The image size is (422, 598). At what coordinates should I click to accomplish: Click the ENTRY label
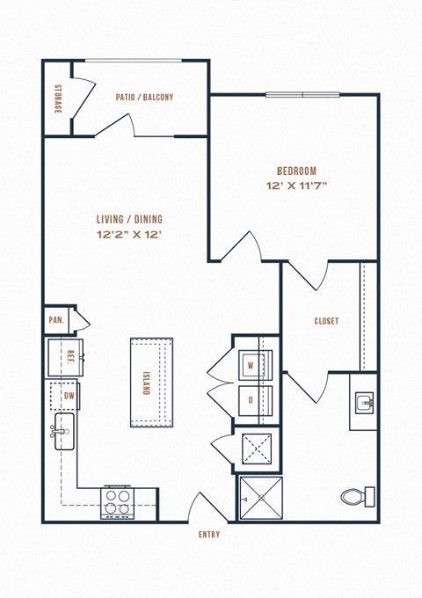tap(209, 535)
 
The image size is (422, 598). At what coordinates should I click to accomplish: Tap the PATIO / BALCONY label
tap(145, 98)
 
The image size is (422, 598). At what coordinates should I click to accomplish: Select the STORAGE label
tap(57, 98)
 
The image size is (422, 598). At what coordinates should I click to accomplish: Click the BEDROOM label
tap(295, 171)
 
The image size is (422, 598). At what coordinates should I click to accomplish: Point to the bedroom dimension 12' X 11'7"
tap(295, 186)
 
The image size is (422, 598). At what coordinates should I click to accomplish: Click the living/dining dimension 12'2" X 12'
tap(130, 234)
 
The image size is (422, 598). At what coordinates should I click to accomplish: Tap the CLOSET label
tap(326, 321)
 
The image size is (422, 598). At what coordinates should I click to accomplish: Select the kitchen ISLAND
tap(151, 383)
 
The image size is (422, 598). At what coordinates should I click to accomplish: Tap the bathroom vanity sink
tap(363, 405)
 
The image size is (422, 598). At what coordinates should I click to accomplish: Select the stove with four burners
tap(119, 500)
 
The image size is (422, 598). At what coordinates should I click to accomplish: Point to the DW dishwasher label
tap(69, 397)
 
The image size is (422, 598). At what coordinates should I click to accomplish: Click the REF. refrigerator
tap(66, 357)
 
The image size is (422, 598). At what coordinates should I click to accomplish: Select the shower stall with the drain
tap(260, 499)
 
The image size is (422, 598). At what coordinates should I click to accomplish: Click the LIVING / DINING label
tap(130, 219)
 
